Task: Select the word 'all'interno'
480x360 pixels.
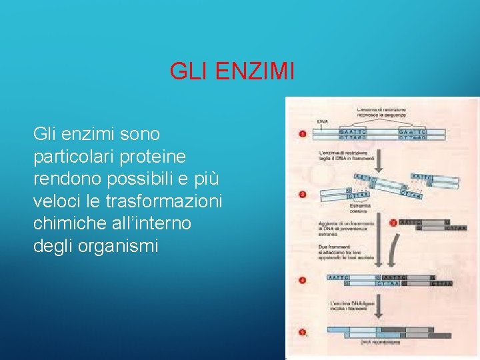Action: [150, 223]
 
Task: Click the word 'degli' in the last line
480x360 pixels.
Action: [53, 245]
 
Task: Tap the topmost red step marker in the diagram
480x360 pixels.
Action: [302, 134]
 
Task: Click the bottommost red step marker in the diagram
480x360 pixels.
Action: [302, 331]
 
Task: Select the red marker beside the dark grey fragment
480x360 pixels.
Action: [393, 223]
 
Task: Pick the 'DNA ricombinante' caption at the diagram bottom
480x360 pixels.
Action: [380, 343]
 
